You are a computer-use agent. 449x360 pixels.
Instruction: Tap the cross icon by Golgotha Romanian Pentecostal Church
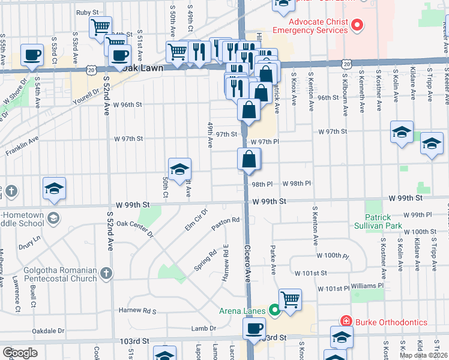[x=106, y=274]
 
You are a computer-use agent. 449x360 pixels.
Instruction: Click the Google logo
[x=20, y=353]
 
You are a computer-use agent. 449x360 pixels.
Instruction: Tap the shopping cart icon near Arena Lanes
[x=290, y=298]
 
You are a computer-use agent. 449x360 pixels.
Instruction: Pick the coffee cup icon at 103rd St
[x=254, y=328]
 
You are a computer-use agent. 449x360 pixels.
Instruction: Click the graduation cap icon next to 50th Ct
[x=179, y=169]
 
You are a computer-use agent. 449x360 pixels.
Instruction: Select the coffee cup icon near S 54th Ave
[x=32, y=55]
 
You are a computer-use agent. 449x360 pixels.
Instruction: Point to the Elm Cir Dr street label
[x=196, y=220]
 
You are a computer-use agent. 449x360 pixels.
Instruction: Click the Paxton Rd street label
[x=225, y=221]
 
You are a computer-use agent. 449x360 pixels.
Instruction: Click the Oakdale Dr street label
[x=48, y=331]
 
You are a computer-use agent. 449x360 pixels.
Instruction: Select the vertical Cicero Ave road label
[x=247, y=264]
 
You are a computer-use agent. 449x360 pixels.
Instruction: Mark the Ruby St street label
[x=87, y=13]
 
